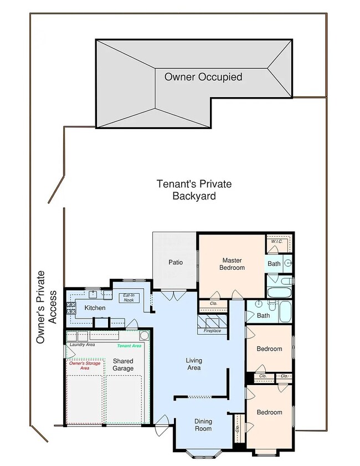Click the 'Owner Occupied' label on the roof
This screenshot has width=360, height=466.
click(x=203, y=77)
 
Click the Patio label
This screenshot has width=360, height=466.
click(x=175, y=262)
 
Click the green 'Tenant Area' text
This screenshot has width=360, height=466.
click(x=130, y=346)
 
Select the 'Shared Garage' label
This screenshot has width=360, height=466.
click(x=123, y=364)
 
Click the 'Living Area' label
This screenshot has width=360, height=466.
click(x=193, y=363)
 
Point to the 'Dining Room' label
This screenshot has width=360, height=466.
click(x=203, y=424)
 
